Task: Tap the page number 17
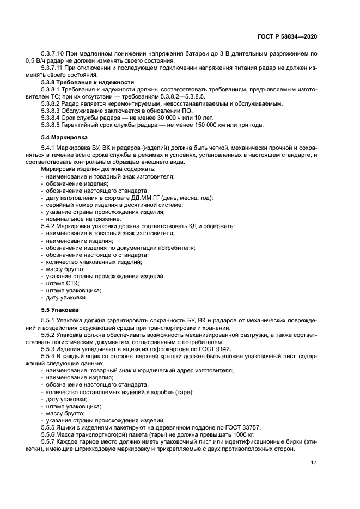pos(314,462)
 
